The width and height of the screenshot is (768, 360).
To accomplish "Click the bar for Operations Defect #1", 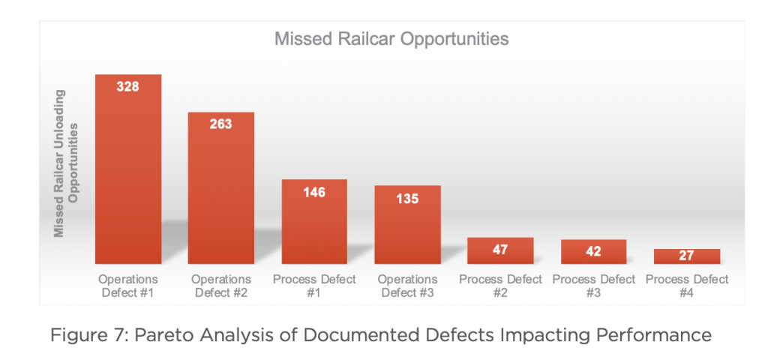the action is point(127,169).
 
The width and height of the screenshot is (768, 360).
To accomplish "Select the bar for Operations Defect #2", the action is point(221,188).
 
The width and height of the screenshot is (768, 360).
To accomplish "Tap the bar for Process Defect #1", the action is point(314,222).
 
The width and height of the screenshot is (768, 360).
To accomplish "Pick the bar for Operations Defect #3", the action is point(407,225).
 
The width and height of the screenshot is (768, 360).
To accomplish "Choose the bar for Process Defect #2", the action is point(500,250).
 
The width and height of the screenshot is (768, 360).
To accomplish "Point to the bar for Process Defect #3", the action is point(594,252).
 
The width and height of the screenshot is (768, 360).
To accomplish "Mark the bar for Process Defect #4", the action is point(687,256).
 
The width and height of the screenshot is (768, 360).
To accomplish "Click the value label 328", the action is point(127,87).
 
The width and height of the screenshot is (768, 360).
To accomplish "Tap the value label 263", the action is point(221,124).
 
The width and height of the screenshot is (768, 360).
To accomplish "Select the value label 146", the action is point(314,192).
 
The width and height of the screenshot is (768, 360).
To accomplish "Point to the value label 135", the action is point(407,198).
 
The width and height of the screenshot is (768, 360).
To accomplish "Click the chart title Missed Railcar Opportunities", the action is point(391,39).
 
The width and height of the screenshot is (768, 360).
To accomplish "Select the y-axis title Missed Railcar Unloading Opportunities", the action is point(66,163).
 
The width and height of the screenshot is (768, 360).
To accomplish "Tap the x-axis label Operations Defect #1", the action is point(127,286).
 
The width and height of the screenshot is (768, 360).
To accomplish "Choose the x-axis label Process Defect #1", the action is point(314,286).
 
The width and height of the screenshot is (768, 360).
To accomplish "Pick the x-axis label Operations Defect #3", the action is point(407,286).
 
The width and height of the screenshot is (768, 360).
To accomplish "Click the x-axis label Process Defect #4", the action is point(687,286).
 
